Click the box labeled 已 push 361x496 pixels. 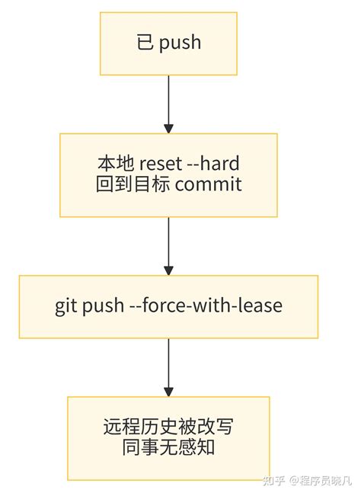[x=168, y=43]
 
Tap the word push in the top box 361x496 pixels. [x=180, y=43]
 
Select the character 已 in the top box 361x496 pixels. [x=145, y=43]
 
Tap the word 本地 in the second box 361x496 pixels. [x=113, y=164]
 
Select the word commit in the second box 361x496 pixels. [x=207, y=185]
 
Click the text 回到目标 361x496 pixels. [x=134, y=185]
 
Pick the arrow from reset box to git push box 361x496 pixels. [x=168, y=245]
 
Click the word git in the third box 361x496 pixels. [x=66, y=306]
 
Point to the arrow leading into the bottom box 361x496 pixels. [x=168, y=366]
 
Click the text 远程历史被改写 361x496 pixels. [x=168, y=427]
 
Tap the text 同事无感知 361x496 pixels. [x=168, y=447]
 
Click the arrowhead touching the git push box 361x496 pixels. [x=168, y=270]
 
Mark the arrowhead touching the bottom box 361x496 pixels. [x=168, y=390]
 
